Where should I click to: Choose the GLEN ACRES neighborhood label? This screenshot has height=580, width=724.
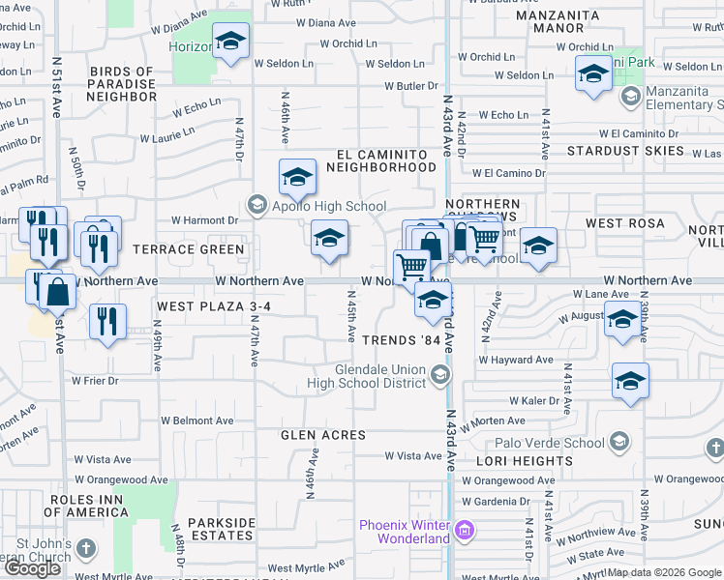[x=323, y=435]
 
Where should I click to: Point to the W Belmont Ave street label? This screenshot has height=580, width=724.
[x=197, y=420]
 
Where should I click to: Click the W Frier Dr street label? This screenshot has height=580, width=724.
[x=94, y=381]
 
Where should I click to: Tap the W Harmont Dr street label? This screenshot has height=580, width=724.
[x=204, y=220]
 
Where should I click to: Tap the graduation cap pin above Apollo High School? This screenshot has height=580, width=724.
[x=298, y=177]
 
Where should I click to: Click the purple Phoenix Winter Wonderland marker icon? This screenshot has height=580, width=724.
[x=465, y=530]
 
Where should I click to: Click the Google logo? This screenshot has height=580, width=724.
[x=33, y=568]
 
